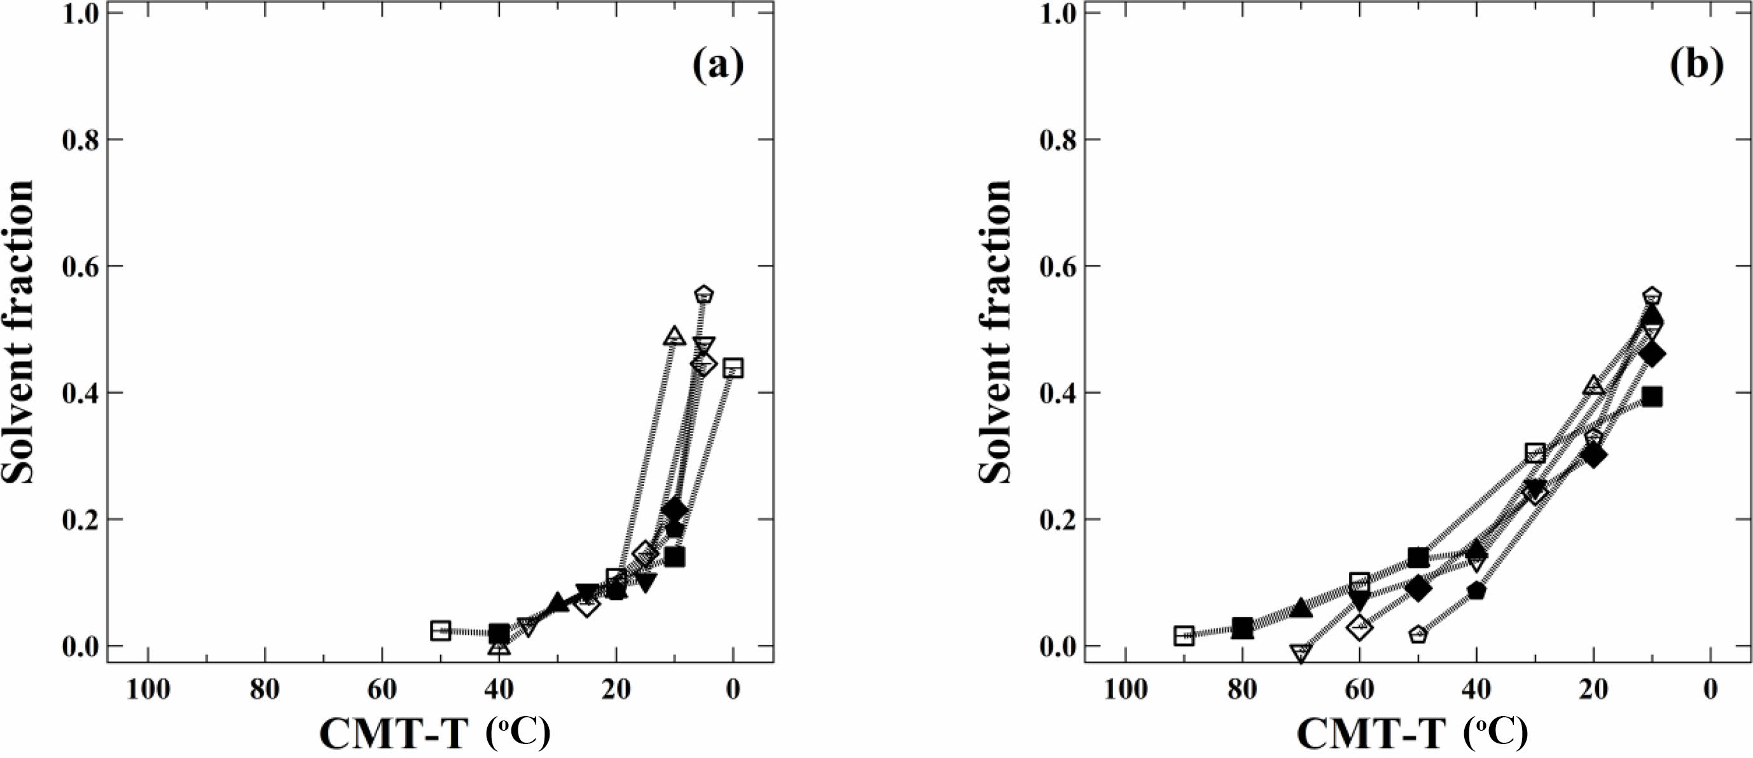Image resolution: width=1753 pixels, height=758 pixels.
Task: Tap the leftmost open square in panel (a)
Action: (x=441, y=630)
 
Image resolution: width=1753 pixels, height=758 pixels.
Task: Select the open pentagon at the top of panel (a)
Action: (x=704, y=294)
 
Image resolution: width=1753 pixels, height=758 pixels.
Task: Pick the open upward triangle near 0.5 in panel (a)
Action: (x=674, y=336)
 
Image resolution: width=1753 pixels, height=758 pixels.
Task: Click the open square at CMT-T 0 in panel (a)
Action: (x=733, y=368)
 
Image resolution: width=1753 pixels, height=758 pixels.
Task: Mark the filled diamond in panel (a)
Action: (x=674, y=509)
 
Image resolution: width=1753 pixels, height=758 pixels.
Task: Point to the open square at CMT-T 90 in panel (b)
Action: (x=1184, y=635)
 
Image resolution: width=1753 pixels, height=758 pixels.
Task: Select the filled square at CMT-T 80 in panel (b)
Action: (x=1243, y=628)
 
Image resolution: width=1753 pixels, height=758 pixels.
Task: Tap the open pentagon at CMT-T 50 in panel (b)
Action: (x=1418, y=634)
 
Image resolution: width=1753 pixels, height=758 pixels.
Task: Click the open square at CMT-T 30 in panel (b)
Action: (x=1535, y=453)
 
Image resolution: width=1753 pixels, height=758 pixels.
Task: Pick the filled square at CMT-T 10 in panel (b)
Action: (x=1652, y=397)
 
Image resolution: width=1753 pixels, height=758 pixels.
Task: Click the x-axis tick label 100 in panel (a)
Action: (x=148, y=689)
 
